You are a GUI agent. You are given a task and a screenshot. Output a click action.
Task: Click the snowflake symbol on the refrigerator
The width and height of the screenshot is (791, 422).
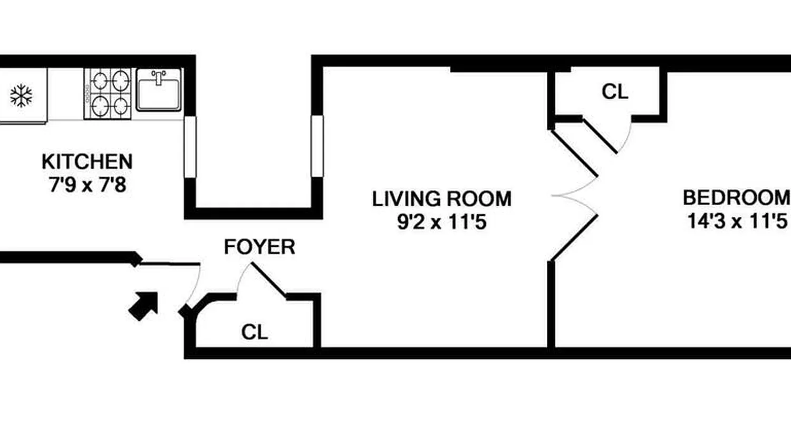pyautogui.click(x=21, y=96)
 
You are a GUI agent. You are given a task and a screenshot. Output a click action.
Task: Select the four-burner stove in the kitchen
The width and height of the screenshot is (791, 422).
pyautogui.click(x=107, y=93)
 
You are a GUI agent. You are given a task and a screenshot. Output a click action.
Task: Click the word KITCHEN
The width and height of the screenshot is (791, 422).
pyautogui.click(x=87, y=161)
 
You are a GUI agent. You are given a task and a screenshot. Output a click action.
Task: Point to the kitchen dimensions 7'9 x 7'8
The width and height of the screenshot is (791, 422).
pyautogui.click(x=88, y=185)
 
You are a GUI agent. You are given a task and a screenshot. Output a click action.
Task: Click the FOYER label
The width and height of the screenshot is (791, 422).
pyautogui.click(x=259, y=247)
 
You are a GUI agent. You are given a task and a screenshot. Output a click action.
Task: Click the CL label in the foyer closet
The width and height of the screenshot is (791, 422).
pyautogui.click(x=255, y=332)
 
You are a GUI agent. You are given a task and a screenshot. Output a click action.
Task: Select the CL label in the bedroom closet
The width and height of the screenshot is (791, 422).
pyautogui.click(x=615, y=92)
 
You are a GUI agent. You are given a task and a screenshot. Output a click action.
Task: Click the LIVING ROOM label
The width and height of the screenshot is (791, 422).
pyautogui.click(x=442, y=199)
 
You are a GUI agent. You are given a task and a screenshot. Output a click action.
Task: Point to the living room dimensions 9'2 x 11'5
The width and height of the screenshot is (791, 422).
pyautogui.click(x=442, y=222)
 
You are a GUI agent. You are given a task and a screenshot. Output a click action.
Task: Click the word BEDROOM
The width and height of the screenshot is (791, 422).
pyautogui.click(x=736, y=198)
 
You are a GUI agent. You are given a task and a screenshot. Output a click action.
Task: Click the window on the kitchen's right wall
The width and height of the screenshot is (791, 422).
pyautogui.click(x=190, y=146)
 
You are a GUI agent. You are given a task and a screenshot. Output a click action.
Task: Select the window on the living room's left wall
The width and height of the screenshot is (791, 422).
pyautogui.click(x=317, y=146)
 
